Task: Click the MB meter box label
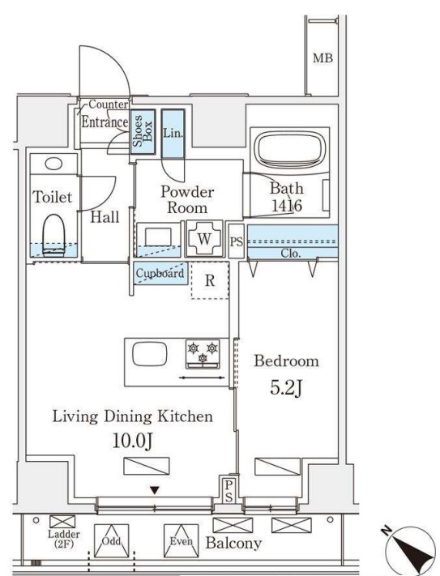coord(323,58)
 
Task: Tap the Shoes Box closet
coord(143,131)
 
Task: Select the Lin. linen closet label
coord(173,133)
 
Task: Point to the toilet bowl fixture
coord(53,235)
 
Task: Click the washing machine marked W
coord(204,239)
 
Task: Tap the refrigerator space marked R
coord(210,280)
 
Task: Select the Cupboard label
coord(160,273)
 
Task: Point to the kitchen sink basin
coord(150,354)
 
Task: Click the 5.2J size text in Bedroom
coord(286,388)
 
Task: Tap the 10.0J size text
coord(132,441)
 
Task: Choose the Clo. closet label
coord(291,253)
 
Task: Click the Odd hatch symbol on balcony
coord(111,541)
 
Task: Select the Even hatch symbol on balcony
coord(181,541)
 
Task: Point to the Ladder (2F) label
coord(64,539)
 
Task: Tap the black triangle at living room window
coord(155,490)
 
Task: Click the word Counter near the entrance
coord(109,105)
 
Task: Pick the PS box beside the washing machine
coord(236,241)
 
